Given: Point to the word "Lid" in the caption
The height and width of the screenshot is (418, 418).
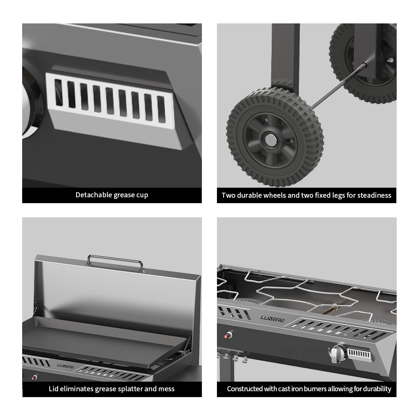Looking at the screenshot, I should [54, 389].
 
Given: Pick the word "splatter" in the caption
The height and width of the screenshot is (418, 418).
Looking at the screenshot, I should [129, 389].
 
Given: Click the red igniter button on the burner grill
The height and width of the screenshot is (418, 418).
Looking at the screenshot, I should [228, 335].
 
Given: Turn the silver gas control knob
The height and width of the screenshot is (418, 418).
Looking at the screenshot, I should [337, 354].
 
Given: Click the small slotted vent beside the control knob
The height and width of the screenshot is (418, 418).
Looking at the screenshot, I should [359, 354].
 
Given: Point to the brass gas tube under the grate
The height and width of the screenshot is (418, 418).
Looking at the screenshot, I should [330, 310].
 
